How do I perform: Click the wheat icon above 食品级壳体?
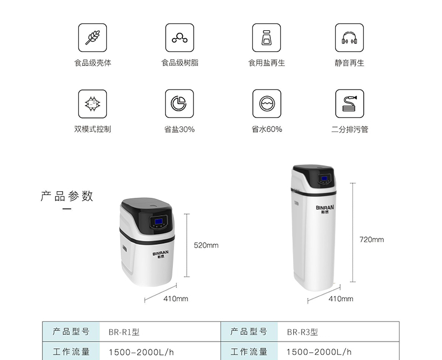tap(92, 37)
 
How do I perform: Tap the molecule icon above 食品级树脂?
tap(180, 37)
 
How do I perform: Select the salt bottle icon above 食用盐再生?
tap(266, 37)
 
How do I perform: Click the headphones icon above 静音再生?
tap(349, 37)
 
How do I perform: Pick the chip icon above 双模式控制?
tap(92, 103)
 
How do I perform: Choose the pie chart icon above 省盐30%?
tap(180, 103)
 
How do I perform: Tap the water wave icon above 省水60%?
tap(266, 103)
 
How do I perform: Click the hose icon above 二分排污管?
tap(349, 103)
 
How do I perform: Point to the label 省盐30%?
tap(180, 130)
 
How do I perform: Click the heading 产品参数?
tap(67, 196)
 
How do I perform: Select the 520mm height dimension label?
tap(206, 245)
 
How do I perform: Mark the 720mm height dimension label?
tap(372, 239)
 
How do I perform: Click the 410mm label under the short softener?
tap(176, 299)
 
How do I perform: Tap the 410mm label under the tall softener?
tap(341, 299)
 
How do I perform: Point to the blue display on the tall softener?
tap(323, 179)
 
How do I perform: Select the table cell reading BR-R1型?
tap(124, 332)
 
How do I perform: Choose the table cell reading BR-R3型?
tap(302, 332)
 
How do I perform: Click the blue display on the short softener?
tap(158, 222)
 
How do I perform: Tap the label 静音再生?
tap(349, 63)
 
